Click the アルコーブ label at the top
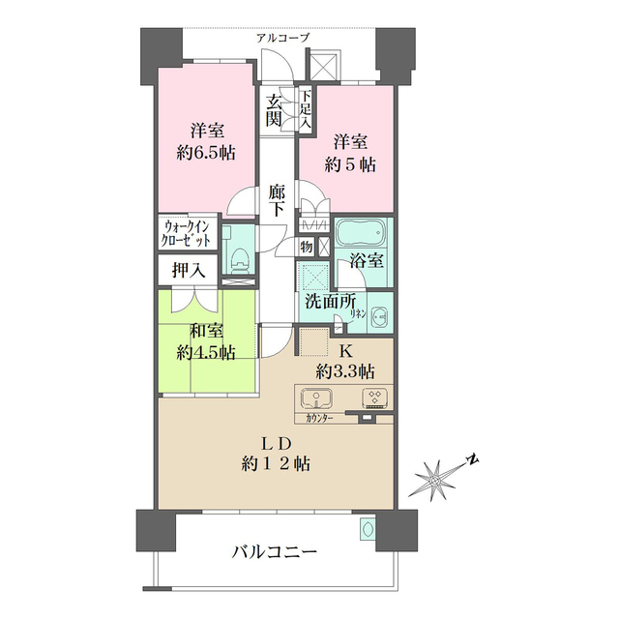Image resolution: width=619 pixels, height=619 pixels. (283, 38)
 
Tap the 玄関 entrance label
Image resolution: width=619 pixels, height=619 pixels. (275, 110)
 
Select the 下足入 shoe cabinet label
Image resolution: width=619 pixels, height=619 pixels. (306, 110)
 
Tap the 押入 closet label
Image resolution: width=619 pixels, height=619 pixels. (189, 270)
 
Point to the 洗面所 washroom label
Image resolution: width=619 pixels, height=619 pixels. (331, 301)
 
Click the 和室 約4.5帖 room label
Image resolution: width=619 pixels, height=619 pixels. (206, 341)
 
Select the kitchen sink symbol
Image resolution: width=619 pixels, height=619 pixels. (316, 398)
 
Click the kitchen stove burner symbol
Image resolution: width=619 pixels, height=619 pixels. (374, 397)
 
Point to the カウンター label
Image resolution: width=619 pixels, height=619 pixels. (319, 419)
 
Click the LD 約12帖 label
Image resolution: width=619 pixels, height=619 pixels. (277, 453)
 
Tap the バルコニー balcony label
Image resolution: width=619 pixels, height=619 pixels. (274, 552)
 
